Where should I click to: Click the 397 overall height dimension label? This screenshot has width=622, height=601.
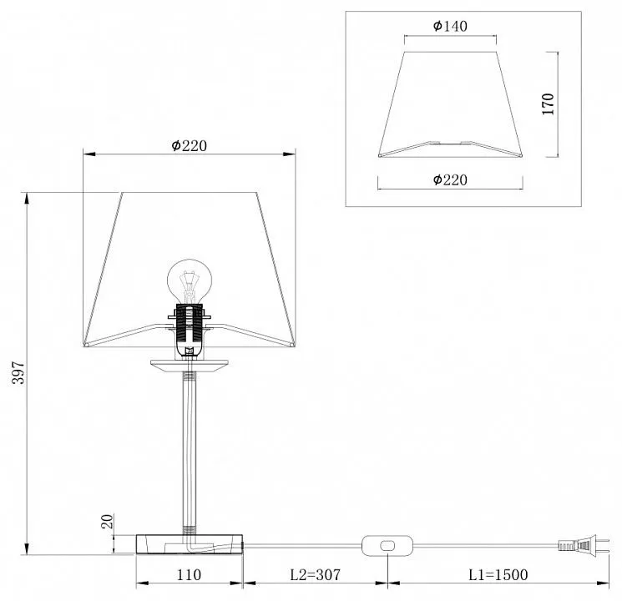18,372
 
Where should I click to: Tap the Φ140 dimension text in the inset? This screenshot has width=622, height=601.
450,26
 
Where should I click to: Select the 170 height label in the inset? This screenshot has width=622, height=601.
548,104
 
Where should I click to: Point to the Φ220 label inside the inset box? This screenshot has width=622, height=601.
450,179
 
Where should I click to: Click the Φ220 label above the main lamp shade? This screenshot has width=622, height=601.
190,145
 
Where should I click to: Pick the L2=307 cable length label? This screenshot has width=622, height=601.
316,574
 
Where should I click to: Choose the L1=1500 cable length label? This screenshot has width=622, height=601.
498,574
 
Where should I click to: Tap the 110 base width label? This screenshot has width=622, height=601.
189,574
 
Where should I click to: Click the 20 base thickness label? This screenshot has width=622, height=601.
107,521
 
